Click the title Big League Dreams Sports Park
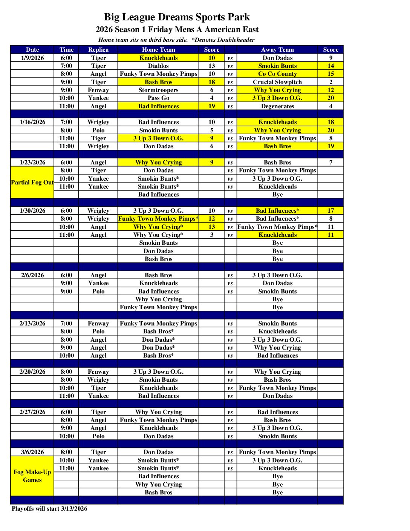point(177,17)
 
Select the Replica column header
point(98,50)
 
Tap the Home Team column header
point(158,50)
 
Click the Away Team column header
point(277,50)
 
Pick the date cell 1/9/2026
point(32,58)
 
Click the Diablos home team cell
point(158,66)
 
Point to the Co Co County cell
point(277,74)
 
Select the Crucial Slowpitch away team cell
point(277,82)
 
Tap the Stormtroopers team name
point(158,90)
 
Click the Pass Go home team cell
point(158,98)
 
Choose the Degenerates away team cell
point(277,106)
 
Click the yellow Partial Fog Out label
point(32,183)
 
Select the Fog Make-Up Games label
point(32,476)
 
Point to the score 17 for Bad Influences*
point(330,211)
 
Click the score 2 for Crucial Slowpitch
point(330,82)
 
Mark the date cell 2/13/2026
point(32,324)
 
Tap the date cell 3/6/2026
point(32,452)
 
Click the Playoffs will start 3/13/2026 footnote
point(49,509)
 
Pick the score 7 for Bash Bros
point(330,163)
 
